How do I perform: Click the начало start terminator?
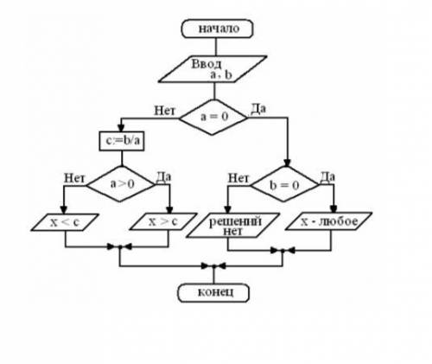click(x=217, y=29)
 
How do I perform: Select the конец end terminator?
click(x=213, y=293)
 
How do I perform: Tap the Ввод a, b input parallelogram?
click(x=213, y=69)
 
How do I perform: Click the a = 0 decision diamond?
click(x=213, y=117)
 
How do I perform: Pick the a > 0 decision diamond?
click(x=121, y=184)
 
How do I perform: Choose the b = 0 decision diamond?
click(x=284, y=184)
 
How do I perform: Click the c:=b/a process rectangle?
click(x=122, y=141)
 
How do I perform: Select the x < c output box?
click(x=65, y=222)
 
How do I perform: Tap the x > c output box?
click(x=163, y=221)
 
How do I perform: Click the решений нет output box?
click(x=233, y=226)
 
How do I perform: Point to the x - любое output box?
click(x=328, y=221)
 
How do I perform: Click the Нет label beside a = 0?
click(x=164, y=111)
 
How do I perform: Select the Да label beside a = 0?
click(x=258, y=109)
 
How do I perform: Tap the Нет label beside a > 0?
click(x=74, y=178)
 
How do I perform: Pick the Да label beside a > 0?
click(x=163, y=177)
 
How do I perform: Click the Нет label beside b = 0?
click(x=238, y=178)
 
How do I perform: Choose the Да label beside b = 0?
click(x=327, y=177)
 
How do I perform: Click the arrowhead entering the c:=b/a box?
click(x=121, y=128)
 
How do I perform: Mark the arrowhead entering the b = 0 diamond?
click(x=287, y=163)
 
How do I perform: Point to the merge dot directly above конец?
click(x=213, y=266)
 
